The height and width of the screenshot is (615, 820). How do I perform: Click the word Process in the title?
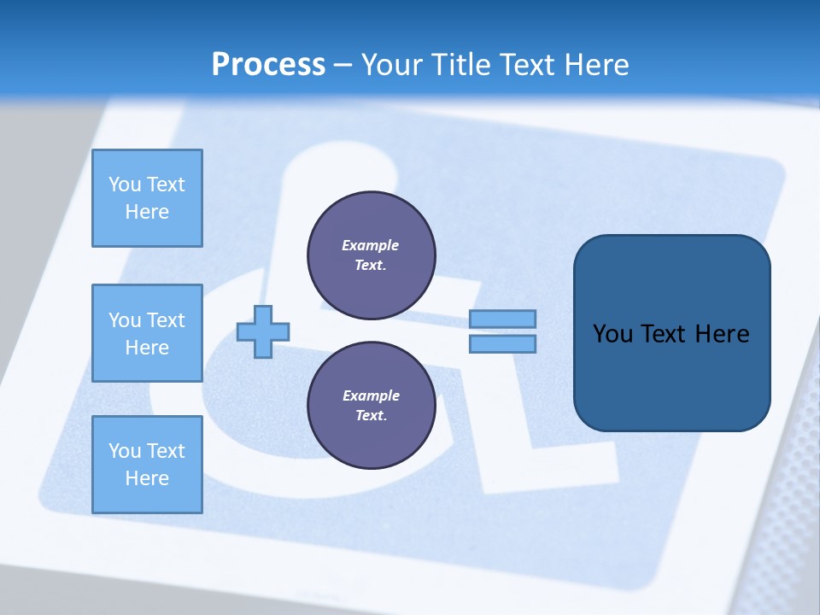tap(268, 65)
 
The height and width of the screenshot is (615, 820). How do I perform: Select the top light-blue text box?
tap(147, 198)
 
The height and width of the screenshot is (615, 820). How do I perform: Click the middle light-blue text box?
tap(147, 333)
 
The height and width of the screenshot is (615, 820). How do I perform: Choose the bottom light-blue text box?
tap(147, 465)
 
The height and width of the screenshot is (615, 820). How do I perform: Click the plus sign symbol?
tap(263, 331)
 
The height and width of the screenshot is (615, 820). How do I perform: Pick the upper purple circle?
tap(371, 255)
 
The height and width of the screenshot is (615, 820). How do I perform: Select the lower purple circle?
tap(371, 405)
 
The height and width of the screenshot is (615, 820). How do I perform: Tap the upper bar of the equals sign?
tap(502, 319)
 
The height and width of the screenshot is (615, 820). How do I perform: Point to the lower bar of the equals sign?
tap(502, 344)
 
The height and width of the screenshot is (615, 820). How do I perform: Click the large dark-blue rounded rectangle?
tap(671, 333)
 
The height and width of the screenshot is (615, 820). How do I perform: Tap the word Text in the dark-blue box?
tap(663, 334)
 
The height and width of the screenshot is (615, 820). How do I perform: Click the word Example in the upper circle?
tap(371, 245)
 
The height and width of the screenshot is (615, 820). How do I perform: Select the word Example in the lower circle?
tap(371, 395)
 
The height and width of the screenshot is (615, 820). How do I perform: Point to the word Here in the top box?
tap(147, 212)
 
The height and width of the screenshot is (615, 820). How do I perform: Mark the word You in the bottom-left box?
tap(125, 451)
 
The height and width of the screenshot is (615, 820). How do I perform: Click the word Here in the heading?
tap(596, 65)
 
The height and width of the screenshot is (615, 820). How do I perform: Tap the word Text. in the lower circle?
tap(371, 416)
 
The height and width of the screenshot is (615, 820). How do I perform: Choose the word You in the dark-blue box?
tap(612, 334)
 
